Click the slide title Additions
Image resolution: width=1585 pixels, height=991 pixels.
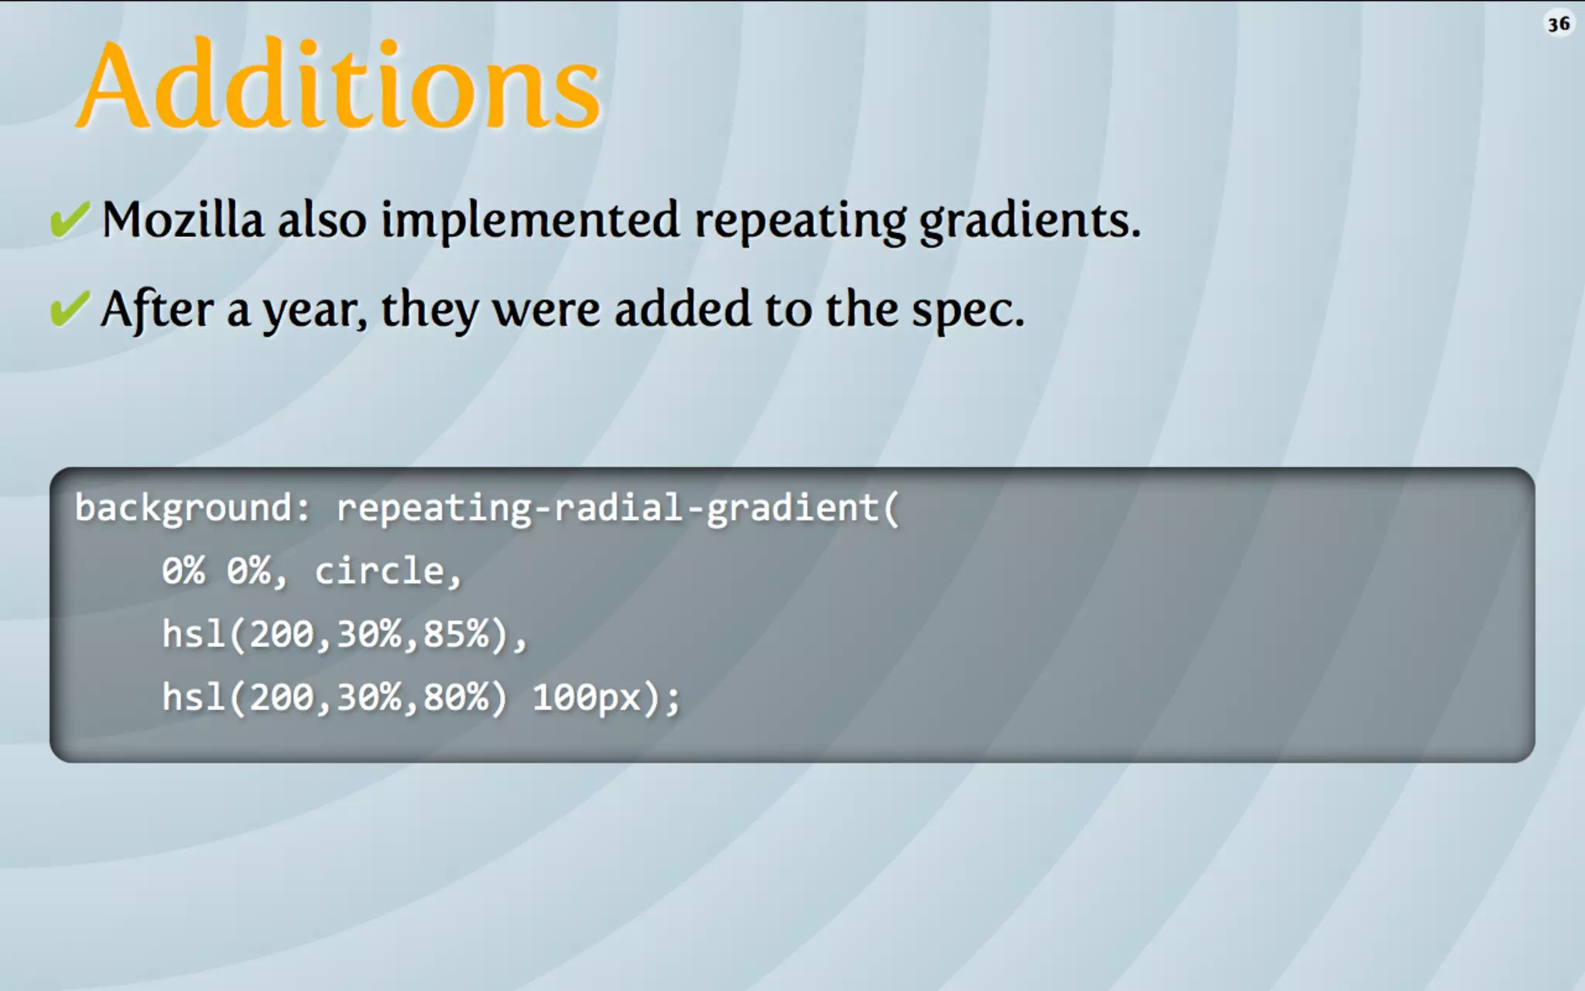click(x=339, y=85)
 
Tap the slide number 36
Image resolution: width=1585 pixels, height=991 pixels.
click(x=1558, y=24)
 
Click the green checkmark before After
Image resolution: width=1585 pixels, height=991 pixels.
click(x=70, y=309)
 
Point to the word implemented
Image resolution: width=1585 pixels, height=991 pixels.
click(x=530, y=221)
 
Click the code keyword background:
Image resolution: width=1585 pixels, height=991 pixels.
click(x=192, y=509)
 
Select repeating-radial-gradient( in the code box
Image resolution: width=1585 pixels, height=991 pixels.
click(x=618, y=509)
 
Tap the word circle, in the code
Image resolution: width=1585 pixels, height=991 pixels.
click(x=388, y=572)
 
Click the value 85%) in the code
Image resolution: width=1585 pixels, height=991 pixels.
click(x=465, y=634)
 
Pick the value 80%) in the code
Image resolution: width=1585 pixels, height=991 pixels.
click(x=465, y=698)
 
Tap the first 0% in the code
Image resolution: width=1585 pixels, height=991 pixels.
click(x=183, y=571)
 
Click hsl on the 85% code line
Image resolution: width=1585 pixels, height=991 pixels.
click(x=193, y=634)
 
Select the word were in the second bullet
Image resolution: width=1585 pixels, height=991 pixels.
click(x=546, y=309)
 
